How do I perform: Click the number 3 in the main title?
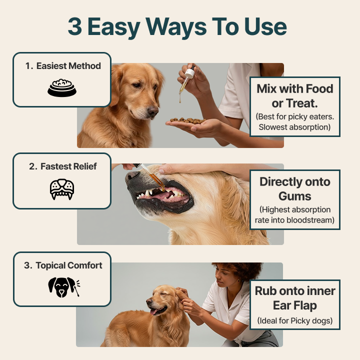click(x=74, y=27)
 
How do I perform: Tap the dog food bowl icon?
click(x=62, y=87)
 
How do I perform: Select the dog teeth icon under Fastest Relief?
click(x=62, y=189)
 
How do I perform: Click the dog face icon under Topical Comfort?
click(x=60, y=287)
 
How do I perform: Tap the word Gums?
click(x=294, y=196)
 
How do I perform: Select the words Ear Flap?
click(x=295, y=305)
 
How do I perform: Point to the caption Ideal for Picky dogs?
click(x=295, y=320)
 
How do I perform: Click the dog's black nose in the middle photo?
click(x=132, y=176)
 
